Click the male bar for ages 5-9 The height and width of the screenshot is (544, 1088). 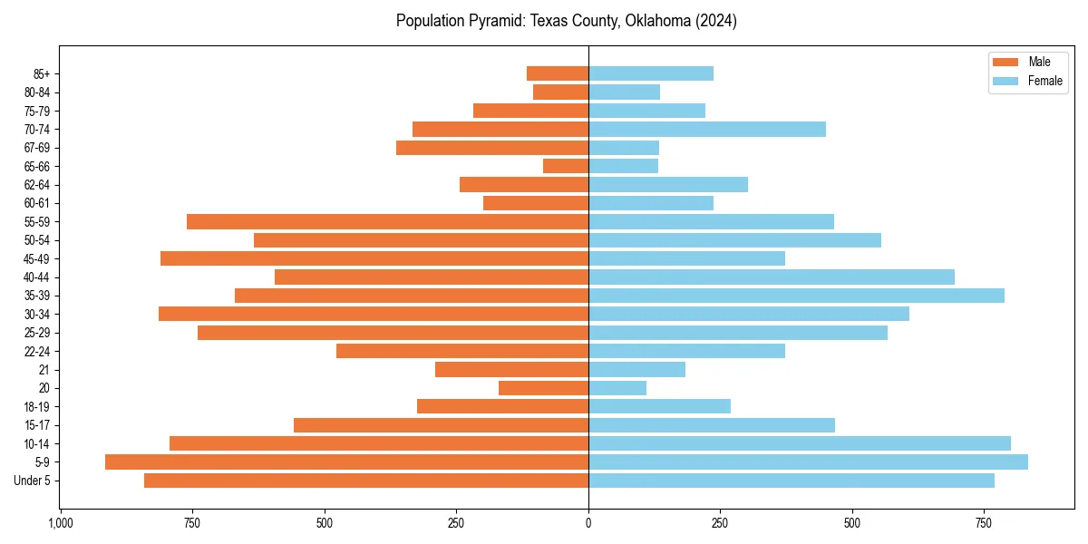[x=346, y=462]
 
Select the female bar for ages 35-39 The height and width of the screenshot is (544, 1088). [x=796, y=296]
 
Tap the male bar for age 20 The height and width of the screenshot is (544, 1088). [x=543, y=388]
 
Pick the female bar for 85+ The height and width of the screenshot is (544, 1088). [x=651, y=73]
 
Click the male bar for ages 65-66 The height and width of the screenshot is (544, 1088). [x=566, y=166]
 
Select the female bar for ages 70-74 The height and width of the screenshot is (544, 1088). [x=707, y=129]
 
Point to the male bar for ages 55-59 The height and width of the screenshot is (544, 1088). [x=387, y=222]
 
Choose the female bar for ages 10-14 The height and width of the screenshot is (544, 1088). [x=800, y=443]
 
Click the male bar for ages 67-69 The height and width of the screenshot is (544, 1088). [x=492, y=148]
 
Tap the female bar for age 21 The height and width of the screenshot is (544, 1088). [x=636, y=370]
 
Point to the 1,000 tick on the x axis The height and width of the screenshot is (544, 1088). [x=61, y=523]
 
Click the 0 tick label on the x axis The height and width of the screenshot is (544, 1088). [x=588, y=523]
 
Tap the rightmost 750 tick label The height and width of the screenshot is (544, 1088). [x=984, y=523]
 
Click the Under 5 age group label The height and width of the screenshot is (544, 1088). [x=32, y=481]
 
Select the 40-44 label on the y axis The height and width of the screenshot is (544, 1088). [x=37, y=277]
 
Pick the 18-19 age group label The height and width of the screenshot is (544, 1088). [x=37, y=407]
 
